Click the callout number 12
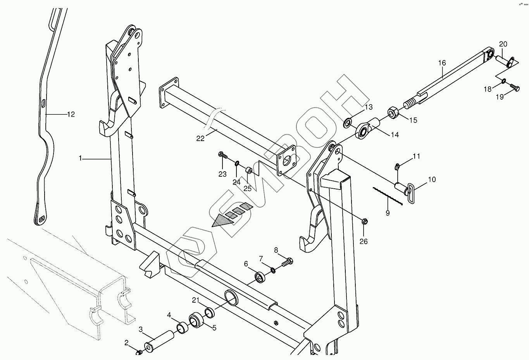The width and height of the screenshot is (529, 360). [x=71, y=114]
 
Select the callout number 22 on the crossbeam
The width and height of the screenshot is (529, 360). [x=200, y=138]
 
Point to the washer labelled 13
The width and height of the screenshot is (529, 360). [x=348, y=124]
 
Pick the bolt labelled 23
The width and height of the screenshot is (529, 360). [x=222, y=155]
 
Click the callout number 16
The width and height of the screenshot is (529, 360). [x=442, y=63]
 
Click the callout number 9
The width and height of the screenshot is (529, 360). [x=388, y=213]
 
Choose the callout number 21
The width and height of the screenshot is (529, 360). [x=195, y=300]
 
